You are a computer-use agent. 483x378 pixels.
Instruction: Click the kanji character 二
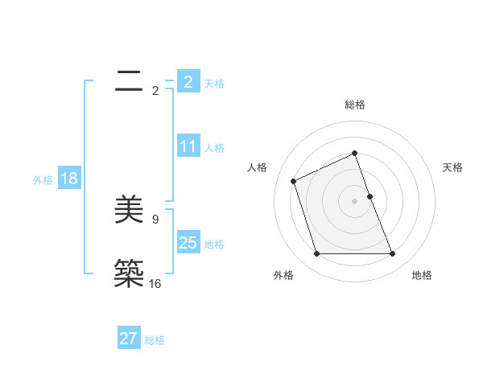pos(129,81)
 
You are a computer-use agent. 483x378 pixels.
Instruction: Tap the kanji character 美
pos(129,211)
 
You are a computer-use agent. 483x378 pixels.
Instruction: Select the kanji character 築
pos(129,273)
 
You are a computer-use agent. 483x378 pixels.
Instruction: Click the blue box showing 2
pos(188,82)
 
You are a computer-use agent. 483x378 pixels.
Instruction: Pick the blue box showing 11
pos(188,146)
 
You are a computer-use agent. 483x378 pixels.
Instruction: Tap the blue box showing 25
pos(188,243)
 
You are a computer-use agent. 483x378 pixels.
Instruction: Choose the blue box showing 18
pos(68,179)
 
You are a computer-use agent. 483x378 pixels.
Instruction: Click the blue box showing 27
pos(128,339)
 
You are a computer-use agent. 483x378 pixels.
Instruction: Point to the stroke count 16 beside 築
pos(155,283)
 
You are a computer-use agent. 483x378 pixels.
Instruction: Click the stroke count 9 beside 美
pos(155,219)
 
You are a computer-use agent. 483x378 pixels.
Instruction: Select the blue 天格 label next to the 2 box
pos(214,83)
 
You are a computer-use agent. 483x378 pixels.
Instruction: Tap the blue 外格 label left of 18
pos(43,179)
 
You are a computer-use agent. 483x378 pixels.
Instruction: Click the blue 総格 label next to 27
pos(155,339)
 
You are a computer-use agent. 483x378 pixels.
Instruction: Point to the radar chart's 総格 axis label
pos(354,105)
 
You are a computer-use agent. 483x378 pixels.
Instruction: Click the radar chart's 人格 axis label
pos(258,167)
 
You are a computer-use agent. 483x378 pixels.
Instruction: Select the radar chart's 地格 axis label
pos(422,275)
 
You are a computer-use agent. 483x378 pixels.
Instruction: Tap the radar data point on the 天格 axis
pos(369,195)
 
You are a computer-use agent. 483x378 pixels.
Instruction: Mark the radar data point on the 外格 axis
pos(316,254)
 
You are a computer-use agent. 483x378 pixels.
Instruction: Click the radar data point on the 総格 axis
pos(354,153)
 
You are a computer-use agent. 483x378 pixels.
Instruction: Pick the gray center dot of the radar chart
pos(354,200)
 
